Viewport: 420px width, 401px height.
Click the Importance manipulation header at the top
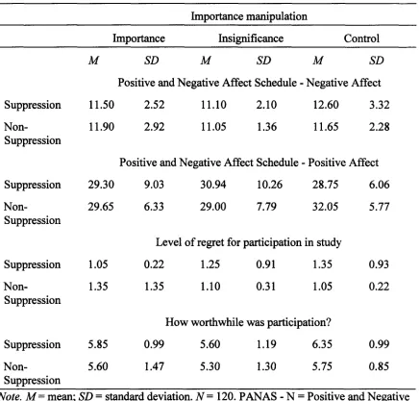[249, 16]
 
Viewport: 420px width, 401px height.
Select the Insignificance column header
[251, 38]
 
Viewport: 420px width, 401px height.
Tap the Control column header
[361, 38]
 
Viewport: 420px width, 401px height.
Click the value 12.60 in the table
[326, 105]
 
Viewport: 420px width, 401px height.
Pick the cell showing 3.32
[380, 105]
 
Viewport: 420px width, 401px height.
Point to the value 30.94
[213, 185]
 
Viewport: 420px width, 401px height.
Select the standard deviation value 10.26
[269, 185]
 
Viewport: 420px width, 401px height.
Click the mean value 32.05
[326, 207]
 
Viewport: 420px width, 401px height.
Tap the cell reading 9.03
[154, 185]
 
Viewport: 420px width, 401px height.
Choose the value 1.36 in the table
[267, 127]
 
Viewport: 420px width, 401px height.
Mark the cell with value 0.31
[266, 287]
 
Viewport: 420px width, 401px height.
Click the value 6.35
[322, 344]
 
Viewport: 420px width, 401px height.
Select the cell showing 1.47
[154, 366]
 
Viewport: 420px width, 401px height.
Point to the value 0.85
[379, 366]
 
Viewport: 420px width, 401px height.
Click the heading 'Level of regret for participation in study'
[249, 242]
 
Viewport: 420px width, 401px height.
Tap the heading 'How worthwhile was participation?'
[248, 322]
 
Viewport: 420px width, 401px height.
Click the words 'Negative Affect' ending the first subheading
[343, 83]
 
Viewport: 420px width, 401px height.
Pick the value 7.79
[266, 207]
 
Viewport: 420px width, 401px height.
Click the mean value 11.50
[101, 105]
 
